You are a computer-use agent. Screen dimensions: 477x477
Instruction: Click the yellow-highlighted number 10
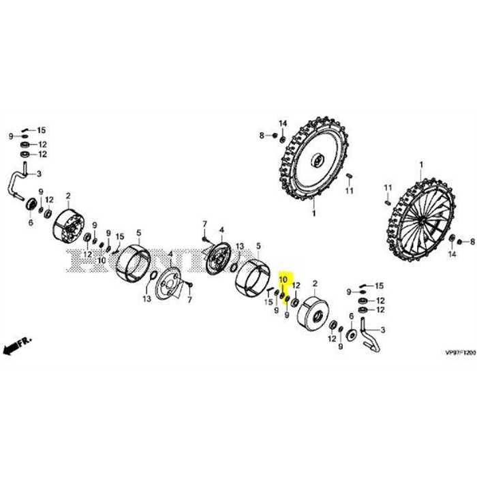click(284, 279)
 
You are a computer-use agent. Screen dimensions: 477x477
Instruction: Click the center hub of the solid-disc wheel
click(317, 160)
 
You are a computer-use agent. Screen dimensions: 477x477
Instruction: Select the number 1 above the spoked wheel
click(421, 164)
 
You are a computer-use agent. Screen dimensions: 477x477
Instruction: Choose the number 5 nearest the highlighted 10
click(258, 245)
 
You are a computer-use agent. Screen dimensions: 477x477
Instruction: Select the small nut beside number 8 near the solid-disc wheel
click(274, 136)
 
